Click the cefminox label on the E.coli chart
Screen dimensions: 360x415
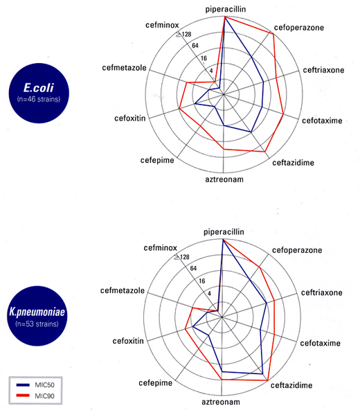point(162,25)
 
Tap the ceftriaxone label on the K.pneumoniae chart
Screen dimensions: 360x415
point(322,293)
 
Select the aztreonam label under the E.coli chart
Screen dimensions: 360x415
point(224,179)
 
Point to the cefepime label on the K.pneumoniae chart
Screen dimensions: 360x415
point(156,383)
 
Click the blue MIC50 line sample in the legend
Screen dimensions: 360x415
point(23,385)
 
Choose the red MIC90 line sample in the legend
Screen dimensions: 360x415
point(23,396)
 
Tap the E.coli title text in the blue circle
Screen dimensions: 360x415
point(39,88)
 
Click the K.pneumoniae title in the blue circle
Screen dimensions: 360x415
point(37,312)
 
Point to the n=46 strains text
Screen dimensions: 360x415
point(39,99)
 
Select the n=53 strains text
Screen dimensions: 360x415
point(37,324)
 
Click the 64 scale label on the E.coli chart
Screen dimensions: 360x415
point(195,46)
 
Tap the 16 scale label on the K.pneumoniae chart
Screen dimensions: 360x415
point(202,281)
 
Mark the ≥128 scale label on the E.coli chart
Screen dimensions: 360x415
point(184,34)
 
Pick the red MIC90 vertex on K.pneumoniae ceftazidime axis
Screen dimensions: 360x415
point(268,380)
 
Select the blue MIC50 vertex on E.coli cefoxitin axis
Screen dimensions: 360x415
point(195,104)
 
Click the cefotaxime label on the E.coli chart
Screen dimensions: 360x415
point(322,121)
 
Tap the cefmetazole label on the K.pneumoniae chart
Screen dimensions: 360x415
point(123,290)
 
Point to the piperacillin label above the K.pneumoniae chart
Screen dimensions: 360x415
point(224,232)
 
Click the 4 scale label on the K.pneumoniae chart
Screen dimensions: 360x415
point(210,294)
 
